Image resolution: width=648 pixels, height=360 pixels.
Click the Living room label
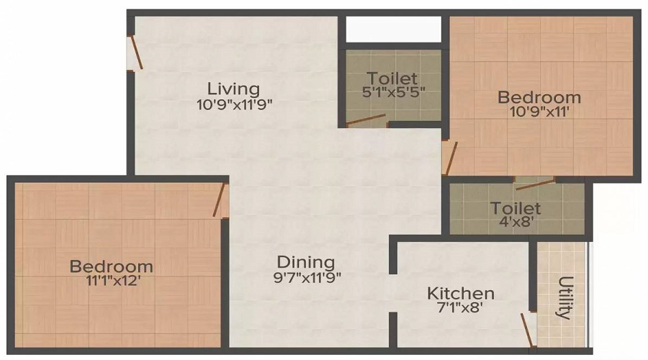coord(233,89)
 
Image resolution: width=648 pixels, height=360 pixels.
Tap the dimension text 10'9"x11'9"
coord(233,104)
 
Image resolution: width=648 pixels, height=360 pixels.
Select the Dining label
coord(306,262)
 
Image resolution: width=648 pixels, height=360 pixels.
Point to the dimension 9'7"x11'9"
coord(306,276)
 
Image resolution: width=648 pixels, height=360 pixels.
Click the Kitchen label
coord(461,294)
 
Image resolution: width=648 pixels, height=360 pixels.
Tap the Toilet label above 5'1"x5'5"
coord(391,78)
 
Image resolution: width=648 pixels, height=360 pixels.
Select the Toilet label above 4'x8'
coord(515,208)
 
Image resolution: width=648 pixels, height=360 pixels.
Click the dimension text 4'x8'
coord(515,222)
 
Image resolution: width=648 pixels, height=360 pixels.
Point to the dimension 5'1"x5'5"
coord(391,92)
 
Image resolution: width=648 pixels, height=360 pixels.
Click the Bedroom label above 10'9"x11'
coord(539,97)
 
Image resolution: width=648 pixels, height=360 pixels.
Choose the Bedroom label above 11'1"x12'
coord(111,267)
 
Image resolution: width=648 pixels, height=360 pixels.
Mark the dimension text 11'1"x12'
coord(111,282)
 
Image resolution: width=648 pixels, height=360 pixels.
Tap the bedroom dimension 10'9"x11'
coord(539,112)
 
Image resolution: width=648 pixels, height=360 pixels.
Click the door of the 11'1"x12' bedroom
coord(221,200)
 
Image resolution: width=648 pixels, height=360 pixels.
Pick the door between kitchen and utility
coord(529,329)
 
